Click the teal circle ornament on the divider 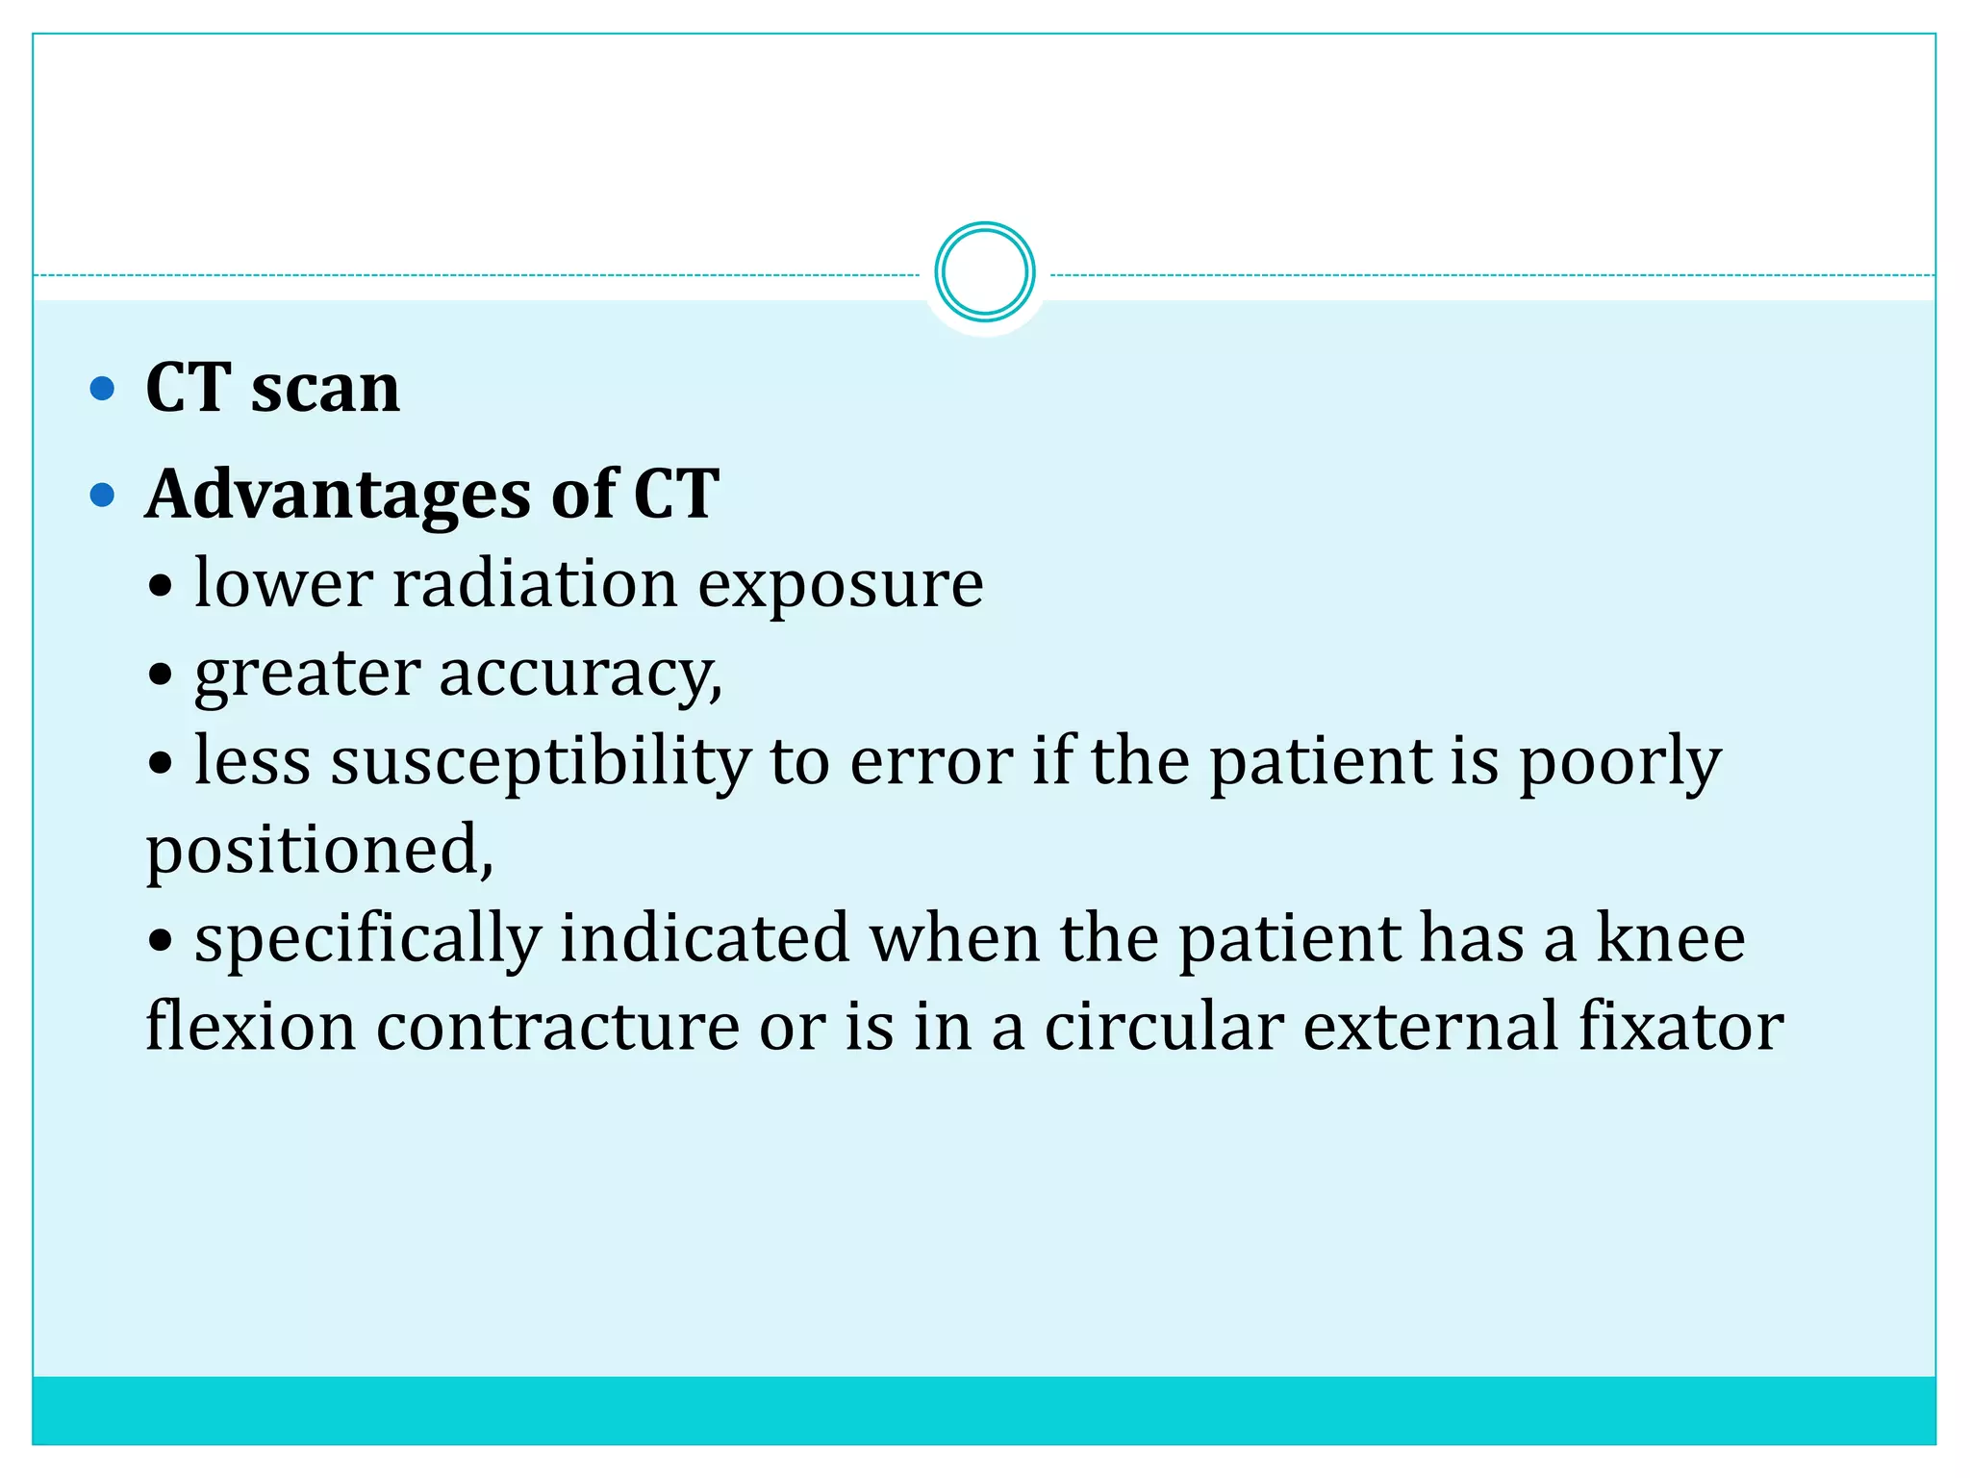[x=984, y=272]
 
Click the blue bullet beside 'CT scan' [x=102, y=389]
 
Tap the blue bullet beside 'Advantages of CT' [x=102, y=496]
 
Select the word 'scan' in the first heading [x=325, y=389]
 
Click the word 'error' [x=931, y=762]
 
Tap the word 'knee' [x=1671, y=939]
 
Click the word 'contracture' [x=558, y=1027]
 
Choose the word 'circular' [x=1164, y=1027]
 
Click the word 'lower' [x=283, y=584]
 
